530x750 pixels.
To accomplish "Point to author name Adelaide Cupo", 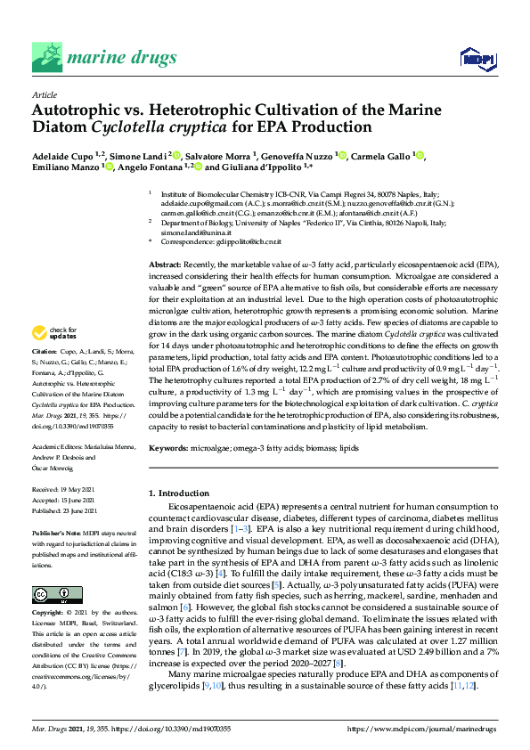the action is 67,157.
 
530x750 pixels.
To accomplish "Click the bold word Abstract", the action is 164,266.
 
